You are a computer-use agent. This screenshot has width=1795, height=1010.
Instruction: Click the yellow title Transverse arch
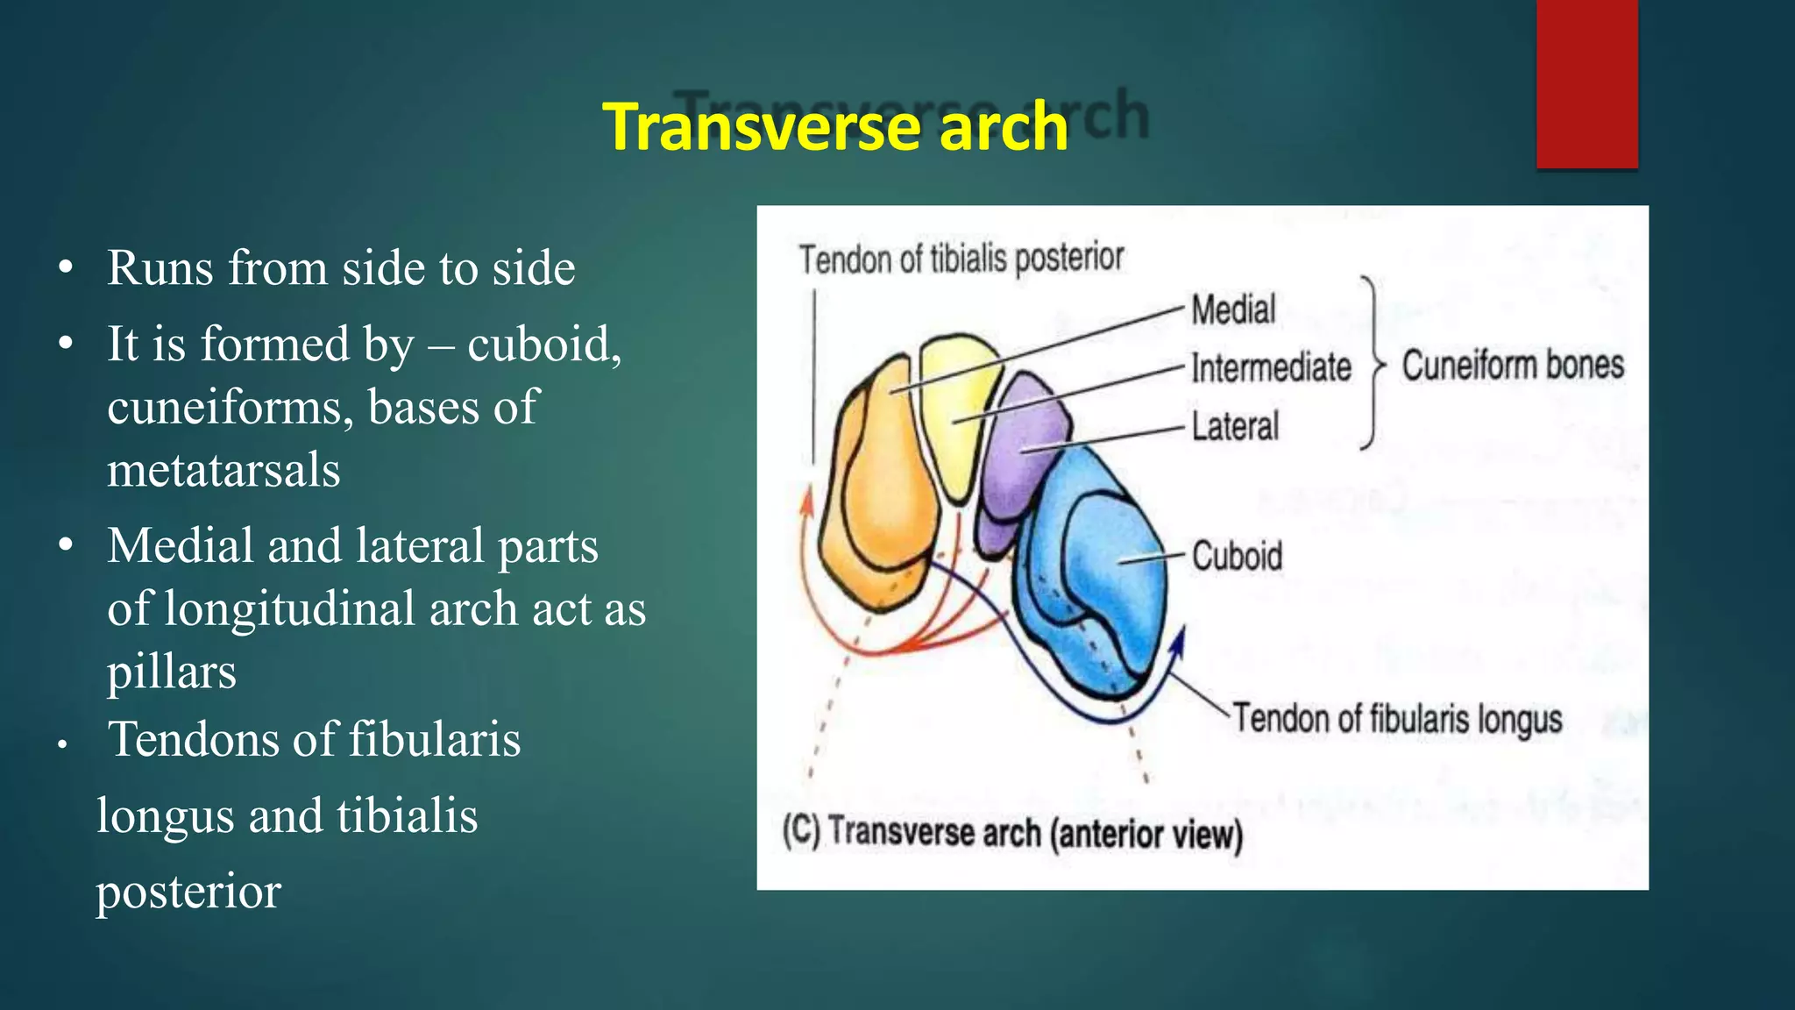(x=835, y=127)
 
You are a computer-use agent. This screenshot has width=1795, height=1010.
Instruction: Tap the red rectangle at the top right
(x=1586, y=83)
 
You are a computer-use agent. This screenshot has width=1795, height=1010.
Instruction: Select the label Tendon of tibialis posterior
(x=961, y=259)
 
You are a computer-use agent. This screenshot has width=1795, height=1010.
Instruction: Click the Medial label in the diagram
(x=1233, y=309)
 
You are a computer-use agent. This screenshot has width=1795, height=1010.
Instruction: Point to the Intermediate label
(x=1271, y=367)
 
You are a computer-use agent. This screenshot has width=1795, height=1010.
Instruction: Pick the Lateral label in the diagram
(x=1235, y=427)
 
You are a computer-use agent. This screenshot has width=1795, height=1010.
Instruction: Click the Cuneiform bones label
(x=1513, y=365)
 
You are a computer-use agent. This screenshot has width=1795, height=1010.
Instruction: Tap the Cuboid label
(x=1237, y=556)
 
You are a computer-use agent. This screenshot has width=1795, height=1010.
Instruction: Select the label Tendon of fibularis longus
(x=1398, y=719)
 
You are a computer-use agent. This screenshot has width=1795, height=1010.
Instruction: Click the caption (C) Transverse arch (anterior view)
(x=1012, y=832)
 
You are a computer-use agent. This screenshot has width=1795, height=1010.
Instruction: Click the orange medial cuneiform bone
(x=876, y=491)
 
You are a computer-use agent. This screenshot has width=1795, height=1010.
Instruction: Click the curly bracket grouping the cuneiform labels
(x=1373, y=364)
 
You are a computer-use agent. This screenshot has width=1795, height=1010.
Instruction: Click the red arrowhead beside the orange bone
(x=807, y=504)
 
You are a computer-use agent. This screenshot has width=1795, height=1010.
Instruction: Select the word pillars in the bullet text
(x=172, y=672)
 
